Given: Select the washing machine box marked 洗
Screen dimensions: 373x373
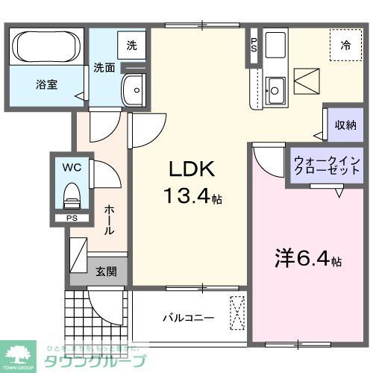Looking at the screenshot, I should coord(131,45).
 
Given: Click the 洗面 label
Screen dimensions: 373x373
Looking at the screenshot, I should coord(104,68).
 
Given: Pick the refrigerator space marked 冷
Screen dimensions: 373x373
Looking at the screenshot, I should coord(345,46).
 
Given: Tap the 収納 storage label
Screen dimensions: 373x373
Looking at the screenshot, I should coord(345,125).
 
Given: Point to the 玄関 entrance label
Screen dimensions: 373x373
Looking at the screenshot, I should coord(105,272).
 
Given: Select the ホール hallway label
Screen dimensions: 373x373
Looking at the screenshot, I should coord(109,220).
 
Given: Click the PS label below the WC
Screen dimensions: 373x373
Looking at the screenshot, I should coord(72,219).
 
